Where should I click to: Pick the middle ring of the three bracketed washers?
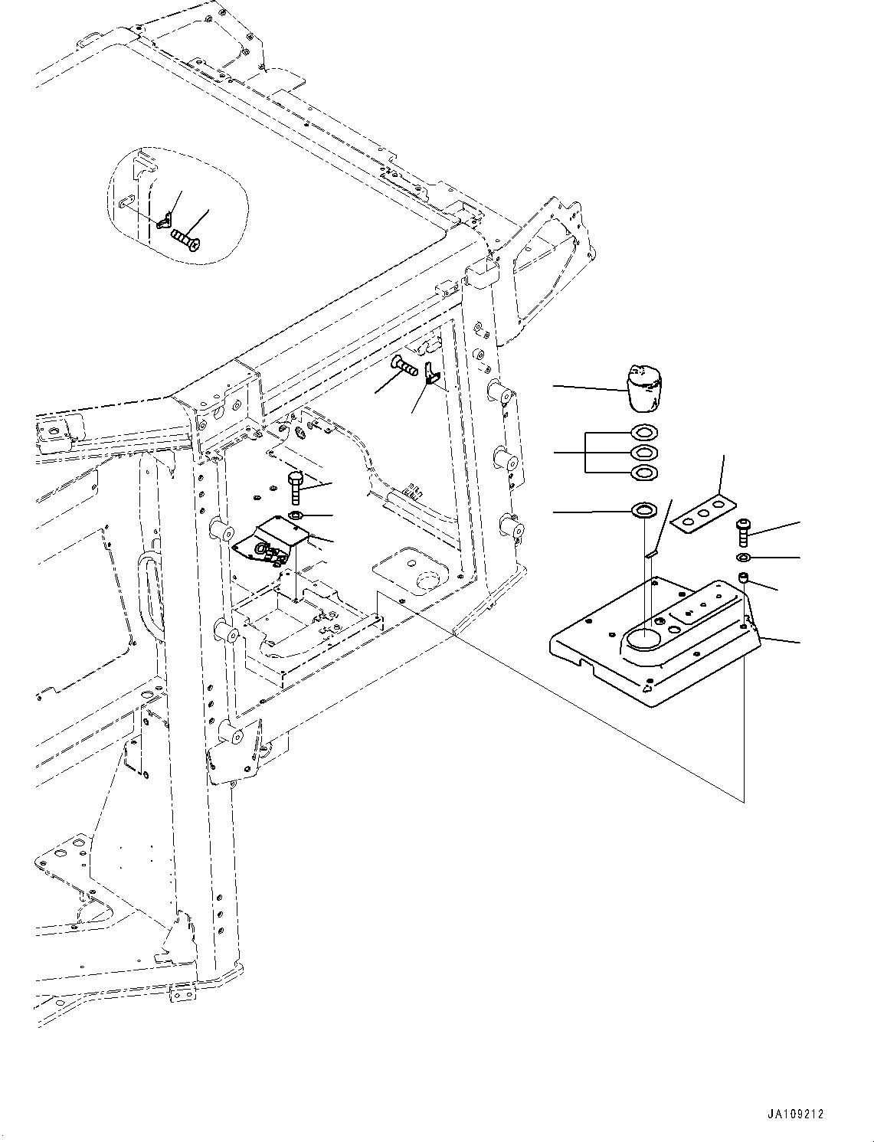[643, 453]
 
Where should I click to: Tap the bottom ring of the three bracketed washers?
[643, 473]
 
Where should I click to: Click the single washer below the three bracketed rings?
[643, 509]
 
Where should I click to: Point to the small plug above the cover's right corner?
[742, 576]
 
